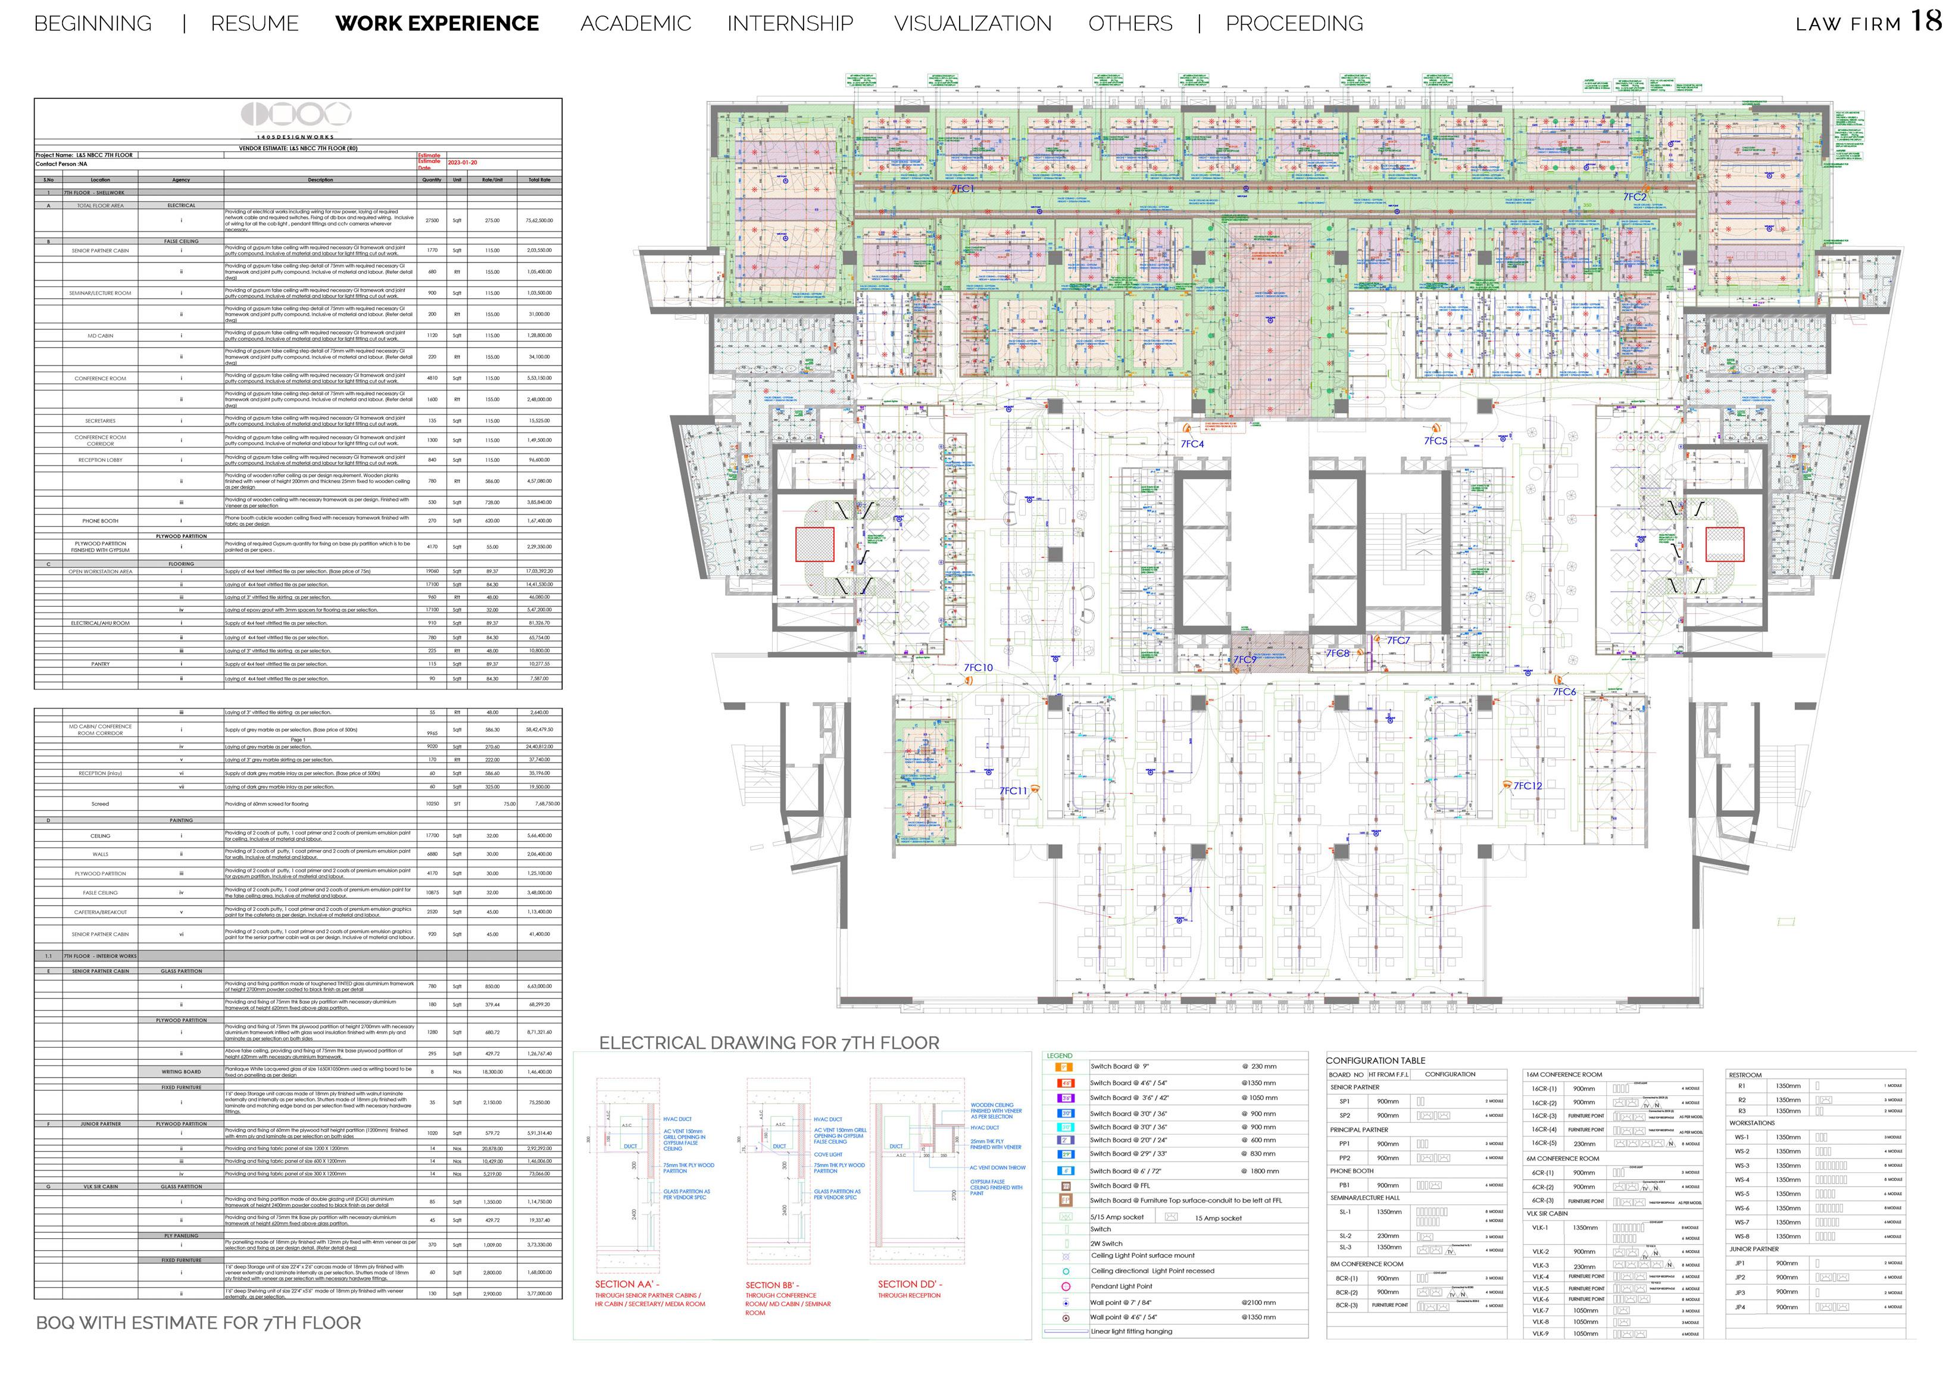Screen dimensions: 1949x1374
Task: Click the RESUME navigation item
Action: (255, 24)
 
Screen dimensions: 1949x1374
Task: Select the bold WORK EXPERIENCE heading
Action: (437, 24)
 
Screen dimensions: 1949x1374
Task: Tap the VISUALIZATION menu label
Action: (972, 24)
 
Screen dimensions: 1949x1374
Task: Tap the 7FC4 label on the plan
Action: (1192, 444)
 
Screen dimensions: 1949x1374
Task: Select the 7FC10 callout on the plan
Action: (978, 668)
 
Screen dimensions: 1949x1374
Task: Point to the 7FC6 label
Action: (1564, 692)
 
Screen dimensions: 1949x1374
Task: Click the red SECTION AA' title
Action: (626, 1284)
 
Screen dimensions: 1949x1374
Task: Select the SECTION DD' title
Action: (909, 1284)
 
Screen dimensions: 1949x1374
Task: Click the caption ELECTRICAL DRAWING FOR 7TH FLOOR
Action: (769, 1043)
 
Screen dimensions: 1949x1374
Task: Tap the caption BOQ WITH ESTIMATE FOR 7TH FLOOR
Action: (199, 1322)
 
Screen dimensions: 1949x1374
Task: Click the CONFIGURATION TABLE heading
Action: (1375, 1061)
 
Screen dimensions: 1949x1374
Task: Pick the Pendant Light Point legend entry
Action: (1122, 1286)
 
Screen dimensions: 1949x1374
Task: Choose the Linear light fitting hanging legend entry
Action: (1130, 1332)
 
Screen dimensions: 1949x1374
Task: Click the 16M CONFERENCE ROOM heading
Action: (1564, 1075)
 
